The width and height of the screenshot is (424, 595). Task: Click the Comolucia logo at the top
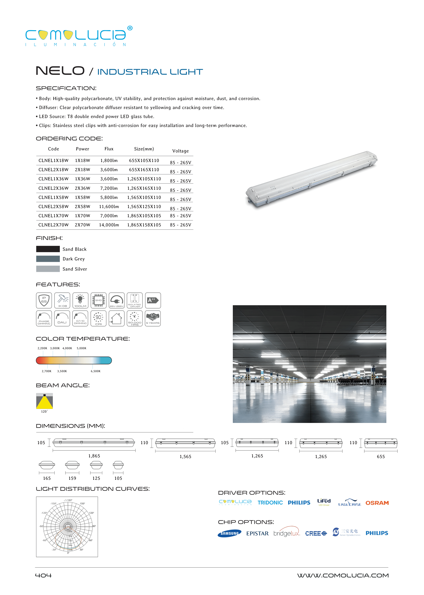click(x=78, y=36)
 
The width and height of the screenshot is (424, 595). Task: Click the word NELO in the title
click(x=60, y=71)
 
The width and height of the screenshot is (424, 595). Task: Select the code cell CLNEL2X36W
click(x=53, y=188)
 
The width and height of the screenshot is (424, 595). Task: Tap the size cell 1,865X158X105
click(x=144, y=225)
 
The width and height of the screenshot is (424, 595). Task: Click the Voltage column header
click(x=180, y=151)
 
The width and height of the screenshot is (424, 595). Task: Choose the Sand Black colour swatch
click(x=48, y=249)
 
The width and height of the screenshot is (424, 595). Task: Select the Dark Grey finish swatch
click(x=48, y=259)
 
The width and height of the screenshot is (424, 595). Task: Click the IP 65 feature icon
click(x=44, y=300)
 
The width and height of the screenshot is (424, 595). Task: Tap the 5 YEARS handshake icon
click(x=153, y=318)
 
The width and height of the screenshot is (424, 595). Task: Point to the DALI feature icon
click(x=62, y=318)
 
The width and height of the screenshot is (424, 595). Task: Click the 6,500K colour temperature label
click(x=95, y=371)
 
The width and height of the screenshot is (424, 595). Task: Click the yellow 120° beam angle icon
click(x=44, y=401)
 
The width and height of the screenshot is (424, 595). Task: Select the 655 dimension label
click(x=381, y=457)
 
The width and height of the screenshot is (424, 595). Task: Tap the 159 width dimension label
click(x=72, y=478)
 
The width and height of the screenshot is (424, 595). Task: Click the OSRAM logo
click(x=377, y=503)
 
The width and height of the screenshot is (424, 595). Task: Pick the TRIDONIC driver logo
click(x=270, y=503)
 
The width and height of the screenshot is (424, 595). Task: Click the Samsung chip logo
click(x=229, y=533)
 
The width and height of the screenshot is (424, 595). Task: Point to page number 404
click(x=43, y=575)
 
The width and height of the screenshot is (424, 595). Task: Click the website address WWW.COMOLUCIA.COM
click(x=343, y=575)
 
